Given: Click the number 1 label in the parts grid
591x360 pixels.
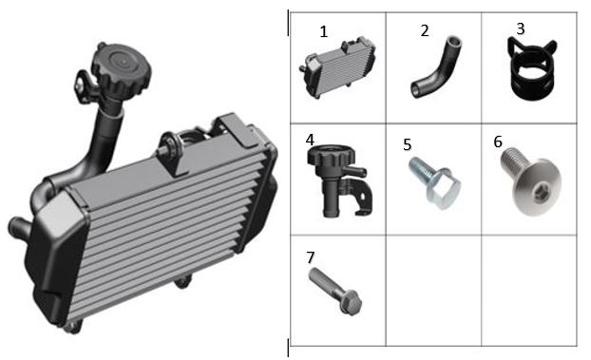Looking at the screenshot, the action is (x=323, y=31).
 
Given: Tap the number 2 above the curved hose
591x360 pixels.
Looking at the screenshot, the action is (x=425, y=31).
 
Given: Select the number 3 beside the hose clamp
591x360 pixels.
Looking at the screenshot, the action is (x=521, y=28).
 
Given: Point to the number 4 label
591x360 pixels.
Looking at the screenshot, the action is (x=310, y=140).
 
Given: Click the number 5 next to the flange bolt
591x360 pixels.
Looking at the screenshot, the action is (x=407, y=144).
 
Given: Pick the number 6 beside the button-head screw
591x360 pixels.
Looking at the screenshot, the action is (x=498, y=142).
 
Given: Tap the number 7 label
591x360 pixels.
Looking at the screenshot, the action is (x=311, y=257).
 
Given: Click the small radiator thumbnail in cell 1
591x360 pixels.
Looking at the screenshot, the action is (x=337, y=67).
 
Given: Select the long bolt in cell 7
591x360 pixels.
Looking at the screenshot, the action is (x=335, y=292).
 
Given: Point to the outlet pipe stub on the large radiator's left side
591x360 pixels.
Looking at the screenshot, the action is (x=19, y=227).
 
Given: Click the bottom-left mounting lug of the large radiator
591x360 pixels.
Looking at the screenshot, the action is (x=72, y=327).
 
